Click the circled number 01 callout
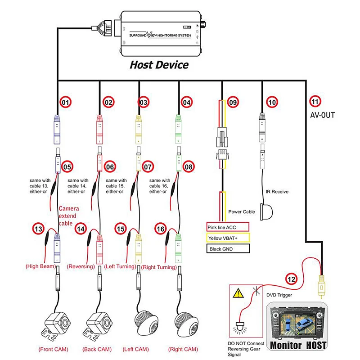(66, 103)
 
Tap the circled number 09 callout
(232, 103)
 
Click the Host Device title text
(159, 64)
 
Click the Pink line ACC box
(227, 227)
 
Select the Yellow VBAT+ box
(227, 238)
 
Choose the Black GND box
(227, 249)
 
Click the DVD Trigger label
(279, 295)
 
